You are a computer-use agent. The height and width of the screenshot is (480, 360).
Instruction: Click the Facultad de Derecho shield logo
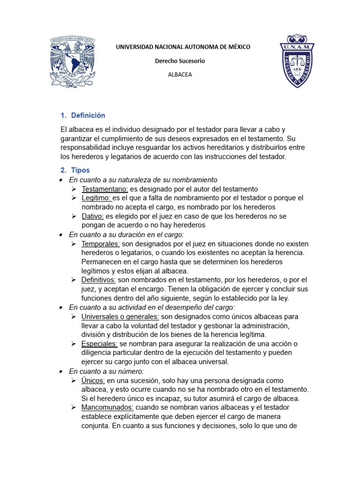297,61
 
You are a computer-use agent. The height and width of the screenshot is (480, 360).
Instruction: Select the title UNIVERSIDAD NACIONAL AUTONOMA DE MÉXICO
183,47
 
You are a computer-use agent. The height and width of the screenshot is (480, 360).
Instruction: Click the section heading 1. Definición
83,115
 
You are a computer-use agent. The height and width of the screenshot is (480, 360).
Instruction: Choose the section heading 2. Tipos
75,170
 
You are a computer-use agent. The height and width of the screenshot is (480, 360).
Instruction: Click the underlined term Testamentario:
105,189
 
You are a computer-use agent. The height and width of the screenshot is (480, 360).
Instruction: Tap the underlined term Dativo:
93,216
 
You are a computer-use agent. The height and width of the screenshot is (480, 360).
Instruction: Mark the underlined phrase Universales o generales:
120,316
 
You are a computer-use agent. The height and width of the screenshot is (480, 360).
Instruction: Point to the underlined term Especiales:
99,344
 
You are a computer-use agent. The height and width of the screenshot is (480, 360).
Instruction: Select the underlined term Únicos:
93,380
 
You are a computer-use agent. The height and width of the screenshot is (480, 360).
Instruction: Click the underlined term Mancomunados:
108,408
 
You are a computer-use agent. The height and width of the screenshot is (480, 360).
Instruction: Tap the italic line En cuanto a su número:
106,371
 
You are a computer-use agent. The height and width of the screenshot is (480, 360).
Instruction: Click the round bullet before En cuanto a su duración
62,235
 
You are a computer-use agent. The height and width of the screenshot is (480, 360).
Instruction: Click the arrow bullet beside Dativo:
74,216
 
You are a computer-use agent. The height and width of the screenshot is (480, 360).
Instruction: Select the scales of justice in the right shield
297,60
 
